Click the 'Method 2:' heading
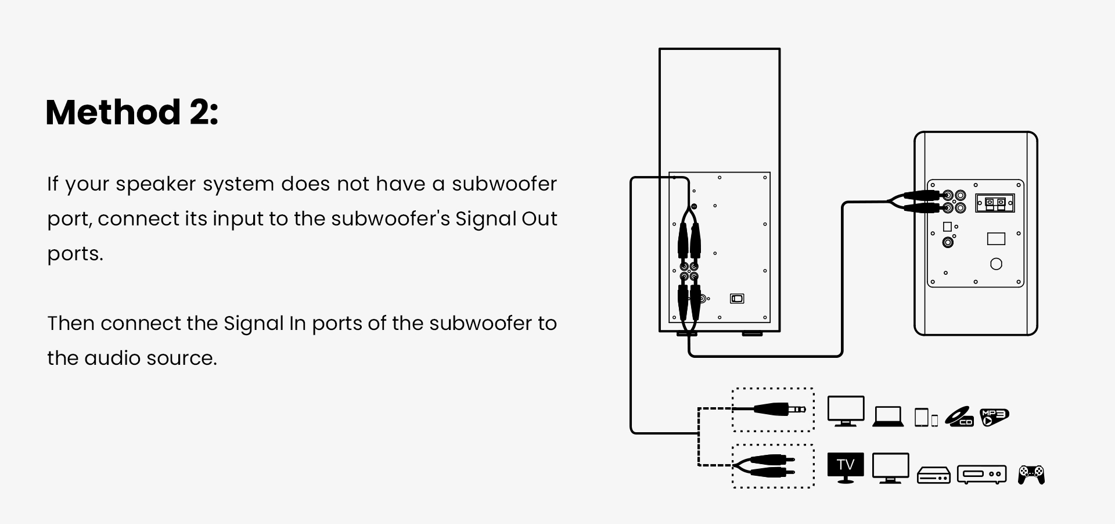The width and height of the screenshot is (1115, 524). click(132, 112)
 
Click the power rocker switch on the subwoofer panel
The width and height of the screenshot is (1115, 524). click(737, 299)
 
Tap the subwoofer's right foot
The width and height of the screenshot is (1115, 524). click(753, 333)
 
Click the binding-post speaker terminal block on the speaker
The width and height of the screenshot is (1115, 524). click(995, 203)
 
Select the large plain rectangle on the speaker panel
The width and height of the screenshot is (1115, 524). click(996, 238)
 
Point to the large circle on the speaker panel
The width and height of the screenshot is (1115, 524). click(996, 264)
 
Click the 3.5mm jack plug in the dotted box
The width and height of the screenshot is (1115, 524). click(778, 410)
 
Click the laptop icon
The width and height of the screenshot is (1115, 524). click(888, 417)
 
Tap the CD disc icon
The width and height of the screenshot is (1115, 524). click(959, 417)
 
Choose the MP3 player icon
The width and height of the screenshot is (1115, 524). click(994, 417)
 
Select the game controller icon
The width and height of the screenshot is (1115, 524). click(1031, 474)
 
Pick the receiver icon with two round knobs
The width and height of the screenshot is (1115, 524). click(981, 474)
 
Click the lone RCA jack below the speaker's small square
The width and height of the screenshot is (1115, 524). click(948, 242)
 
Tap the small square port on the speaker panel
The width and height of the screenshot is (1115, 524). click(947, 227)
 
